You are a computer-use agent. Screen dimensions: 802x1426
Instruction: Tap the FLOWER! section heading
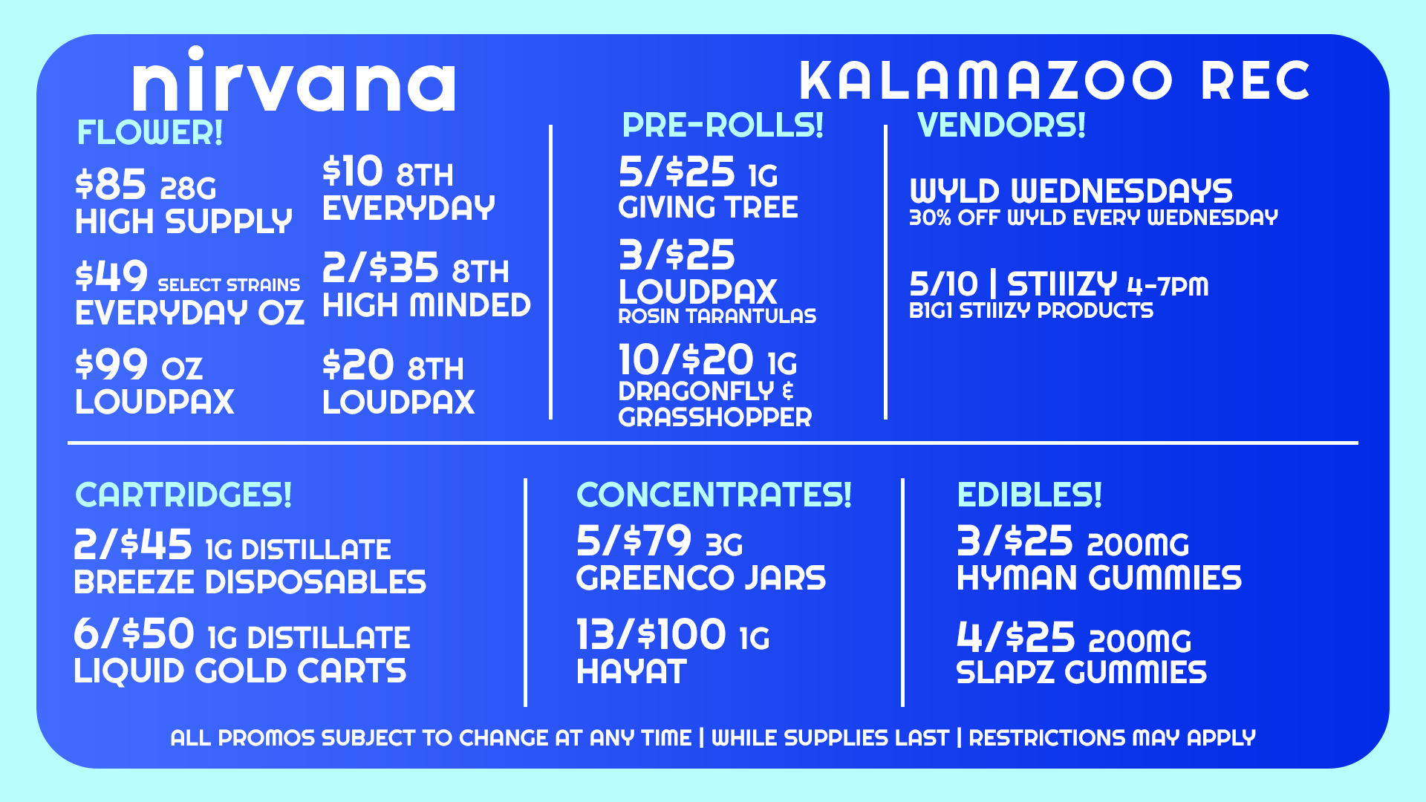click(150, 134)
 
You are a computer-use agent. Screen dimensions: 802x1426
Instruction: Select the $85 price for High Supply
click(111, 185)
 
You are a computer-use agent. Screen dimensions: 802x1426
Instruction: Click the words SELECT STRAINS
click(229, 285)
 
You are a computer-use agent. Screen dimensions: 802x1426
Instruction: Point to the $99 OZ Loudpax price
click(139, 365)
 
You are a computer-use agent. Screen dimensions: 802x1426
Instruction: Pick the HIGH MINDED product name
click(426, 306)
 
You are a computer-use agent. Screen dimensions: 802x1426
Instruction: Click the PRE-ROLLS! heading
click(723, 125)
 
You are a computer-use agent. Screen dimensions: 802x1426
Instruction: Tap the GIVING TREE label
click(708, 207)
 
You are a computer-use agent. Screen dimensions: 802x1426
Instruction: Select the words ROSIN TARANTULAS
click(717, 316)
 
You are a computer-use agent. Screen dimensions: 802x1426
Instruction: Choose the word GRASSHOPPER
click(714, 417)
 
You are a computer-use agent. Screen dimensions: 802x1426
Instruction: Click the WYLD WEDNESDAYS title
click(1071, 192)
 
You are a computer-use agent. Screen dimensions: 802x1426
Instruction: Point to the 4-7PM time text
click(1168, 286)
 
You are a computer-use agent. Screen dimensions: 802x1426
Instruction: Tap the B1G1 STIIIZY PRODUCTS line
click(1031, 310)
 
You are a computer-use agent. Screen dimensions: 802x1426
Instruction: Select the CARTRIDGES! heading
click(183, 495)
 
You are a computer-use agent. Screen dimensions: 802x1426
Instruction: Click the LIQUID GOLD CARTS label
click(240, 671)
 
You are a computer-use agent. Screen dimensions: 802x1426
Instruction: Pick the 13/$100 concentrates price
click(651, 636)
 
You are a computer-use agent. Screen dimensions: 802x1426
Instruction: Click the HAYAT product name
click(631, 672)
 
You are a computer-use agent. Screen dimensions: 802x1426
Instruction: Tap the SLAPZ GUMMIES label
click(1081, 673)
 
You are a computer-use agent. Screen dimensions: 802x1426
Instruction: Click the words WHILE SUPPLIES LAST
click(830, 738)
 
